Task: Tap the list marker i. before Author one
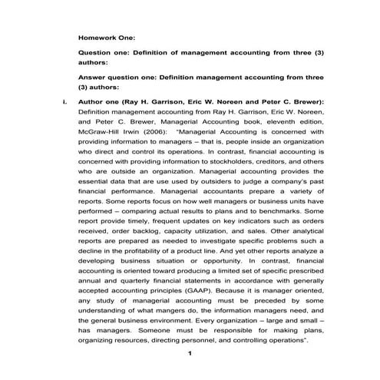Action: tap(66, 101)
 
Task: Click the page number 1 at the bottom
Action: tap(189, 353)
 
